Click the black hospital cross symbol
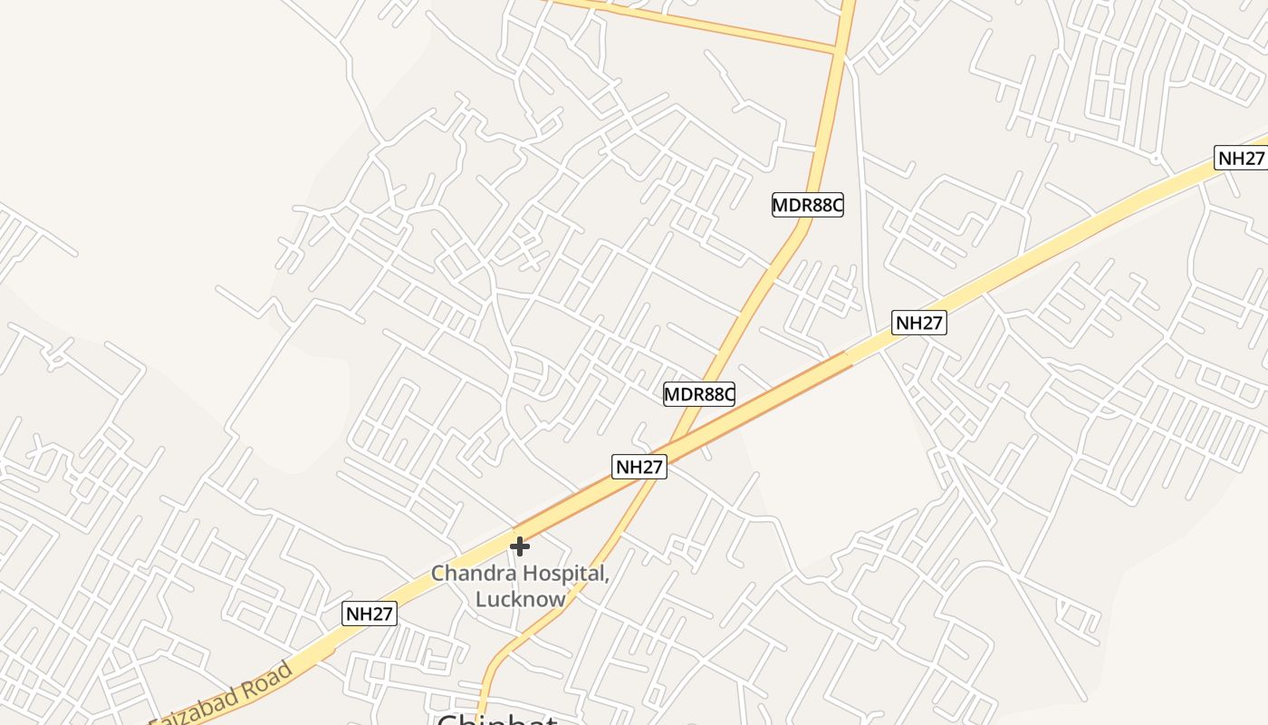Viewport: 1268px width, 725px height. point(519,546)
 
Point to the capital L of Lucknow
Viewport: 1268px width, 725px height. point(481,599)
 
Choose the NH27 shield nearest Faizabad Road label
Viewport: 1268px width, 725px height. point(370,614)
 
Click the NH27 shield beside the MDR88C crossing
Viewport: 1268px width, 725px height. point(639,467)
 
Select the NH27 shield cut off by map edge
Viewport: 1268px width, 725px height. point(1240,158)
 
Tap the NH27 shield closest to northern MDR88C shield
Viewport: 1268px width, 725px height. point(918,323)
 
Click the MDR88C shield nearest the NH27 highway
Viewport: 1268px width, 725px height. point(698,394)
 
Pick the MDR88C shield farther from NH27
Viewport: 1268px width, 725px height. point(807,205)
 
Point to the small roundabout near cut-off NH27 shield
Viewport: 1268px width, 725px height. point(1156,159)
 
